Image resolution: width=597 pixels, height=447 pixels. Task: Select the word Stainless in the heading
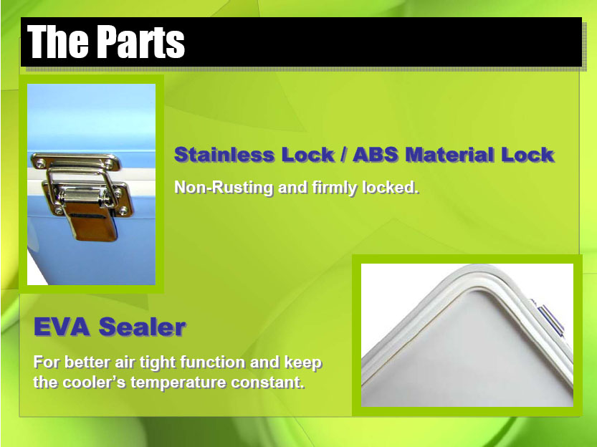coord(224,155)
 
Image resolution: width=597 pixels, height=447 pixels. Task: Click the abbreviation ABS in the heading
coord(376,155)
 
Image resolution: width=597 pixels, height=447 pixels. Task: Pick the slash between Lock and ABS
coord(344,155)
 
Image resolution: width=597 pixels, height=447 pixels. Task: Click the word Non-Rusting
coord(224,188)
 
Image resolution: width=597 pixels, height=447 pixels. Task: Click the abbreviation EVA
coord(62,327)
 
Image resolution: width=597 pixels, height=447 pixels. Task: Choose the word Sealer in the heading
coord(143,327)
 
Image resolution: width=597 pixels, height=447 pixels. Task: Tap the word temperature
coord(178,383)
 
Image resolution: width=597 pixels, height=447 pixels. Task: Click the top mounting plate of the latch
coord(76,161)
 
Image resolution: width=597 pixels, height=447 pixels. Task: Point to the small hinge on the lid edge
coord(549,319)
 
